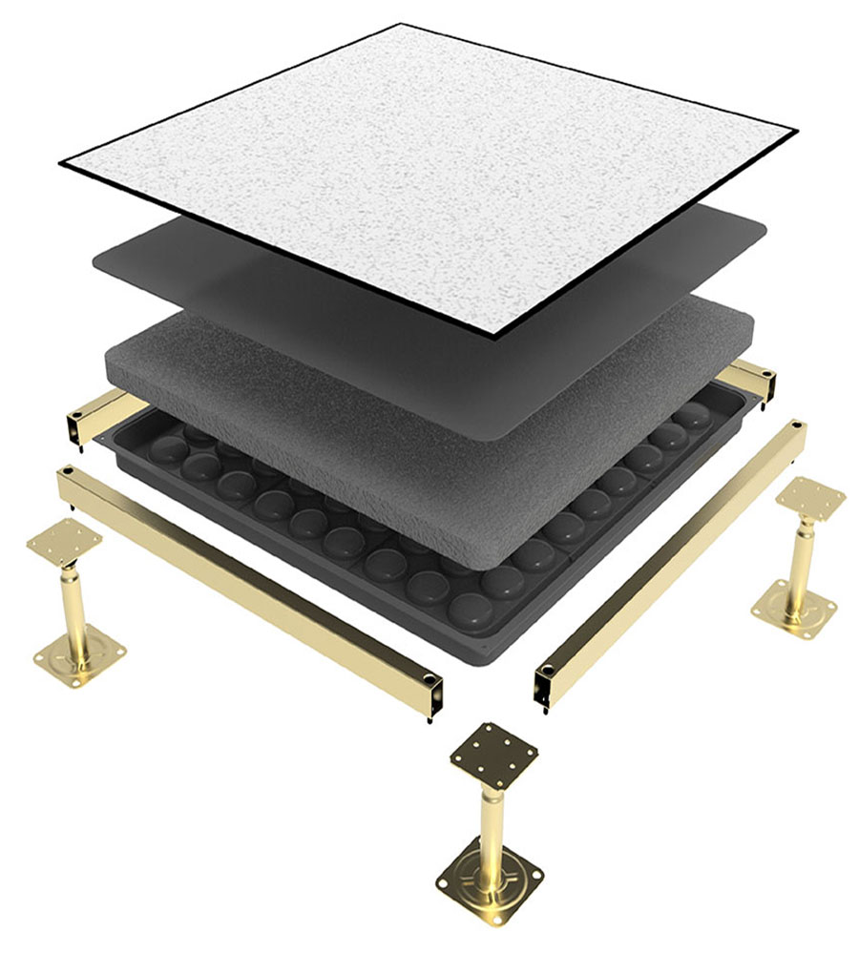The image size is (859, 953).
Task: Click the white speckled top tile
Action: pyautogui.click(x=429, y=172)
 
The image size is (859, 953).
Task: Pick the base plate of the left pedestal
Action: pyautogui.click(x=80, y=653)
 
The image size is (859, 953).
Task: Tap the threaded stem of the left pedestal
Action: pyautogui.click(x=71, y=601)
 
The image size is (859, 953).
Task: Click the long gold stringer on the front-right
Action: pyautogui.click(x=668, y=563)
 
